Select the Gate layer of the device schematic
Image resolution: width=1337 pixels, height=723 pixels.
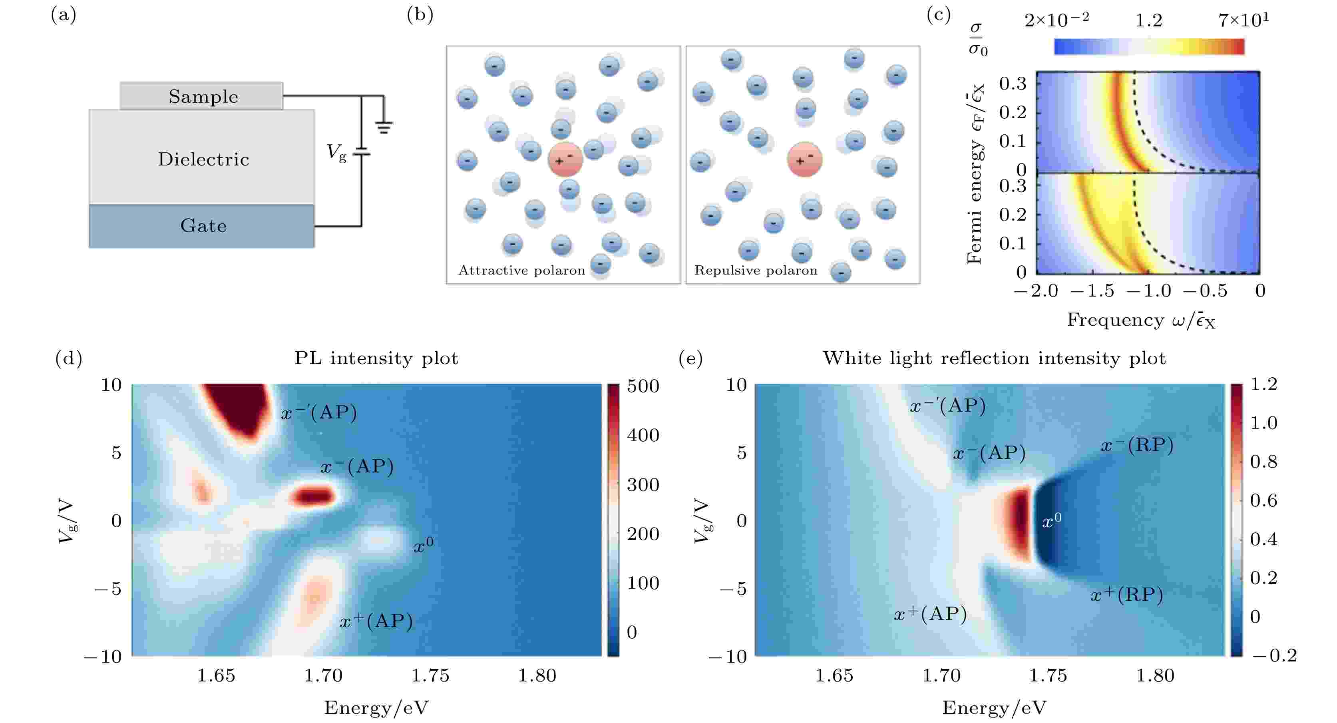coord(203,226)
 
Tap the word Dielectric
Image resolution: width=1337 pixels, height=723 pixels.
coord(203,159)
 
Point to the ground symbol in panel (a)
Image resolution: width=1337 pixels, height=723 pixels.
coord(384,126)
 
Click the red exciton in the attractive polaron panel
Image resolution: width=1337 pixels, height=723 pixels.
coord(565,159)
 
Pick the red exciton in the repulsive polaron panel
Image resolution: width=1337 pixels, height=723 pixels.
coord(804,160)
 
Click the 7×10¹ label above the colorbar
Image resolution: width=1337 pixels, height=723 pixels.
coord(1243,20)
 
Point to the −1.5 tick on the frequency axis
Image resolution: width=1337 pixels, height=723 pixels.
coord(1092,291)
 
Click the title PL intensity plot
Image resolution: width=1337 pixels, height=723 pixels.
coord(376,358)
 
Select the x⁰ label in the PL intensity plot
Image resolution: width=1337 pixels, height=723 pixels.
coord(423,545)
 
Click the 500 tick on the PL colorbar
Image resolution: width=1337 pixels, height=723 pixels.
coord(643,386)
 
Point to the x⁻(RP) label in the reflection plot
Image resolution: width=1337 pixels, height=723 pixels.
coord(1137,445)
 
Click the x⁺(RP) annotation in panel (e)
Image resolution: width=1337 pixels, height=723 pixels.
coord(1126,594)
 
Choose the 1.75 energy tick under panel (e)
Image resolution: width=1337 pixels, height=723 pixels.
coord(1048,675)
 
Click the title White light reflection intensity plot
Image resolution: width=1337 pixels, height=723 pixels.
coord(994,358)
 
